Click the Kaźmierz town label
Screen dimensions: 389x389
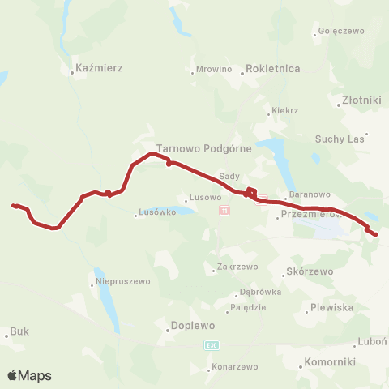(98, 69)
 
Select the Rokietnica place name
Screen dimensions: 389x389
(272, 70)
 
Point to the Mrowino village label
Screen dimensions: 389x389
(214, 70)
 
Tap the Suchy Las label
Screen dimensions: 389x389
(340, 139)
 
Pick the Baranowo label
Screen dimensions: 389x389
(310, 194)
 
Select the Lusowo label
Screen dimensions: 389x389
(203, 198)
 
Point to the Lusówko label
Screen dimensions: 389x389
(157, 213)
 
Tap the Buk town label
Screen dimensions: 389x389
(19, 331)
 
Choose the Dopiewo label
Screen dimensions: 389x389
(192, 326)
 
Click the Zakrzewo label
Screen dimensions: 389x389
(237, 267)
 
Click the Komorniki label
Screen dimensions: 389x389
(328, 361)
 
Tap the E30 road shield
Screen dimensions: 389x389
(212, 345)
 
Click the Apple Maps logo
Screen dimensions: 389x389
(29, 376)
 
